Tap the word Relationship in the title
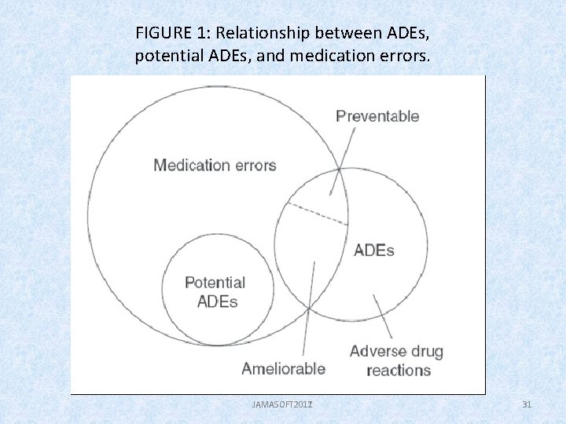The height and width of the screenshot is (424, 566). click(x=263, y=33)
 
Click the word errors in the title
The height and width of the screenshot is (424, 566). click(x=406, y=57)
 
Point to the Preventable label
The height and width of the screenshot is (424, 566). click(x=377, y=116)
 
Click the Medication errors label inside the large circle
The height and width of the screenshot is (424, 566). click(x=215, y=165)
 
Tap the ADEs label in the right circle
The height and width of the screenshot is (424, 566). click(x=373, y=250)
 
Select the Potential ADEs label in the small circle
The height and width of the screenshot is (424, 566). click(x=215, y=291)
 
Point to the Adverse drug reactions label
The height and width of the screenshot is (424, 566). click(x=397, y=360)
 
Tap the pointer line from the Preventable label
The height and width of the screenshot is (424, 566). click(x=344, y=160)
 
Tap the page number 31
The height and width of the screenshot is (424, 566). click(x=527, y=404)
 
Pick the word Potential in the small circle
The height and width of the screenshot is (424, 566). click(x=215, y=283)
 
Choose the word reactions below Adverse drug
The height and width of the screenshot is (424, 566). click(x=399, y=370)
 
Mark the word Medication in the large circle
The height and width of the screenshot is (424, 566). click(x=192, y=165)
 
